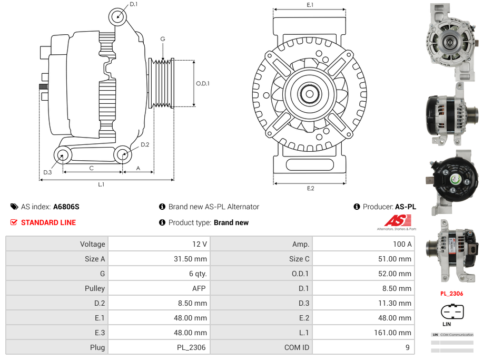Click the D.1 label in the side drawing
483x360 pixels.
point(133,4)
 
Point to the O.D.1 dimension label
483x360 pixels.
point(203,83)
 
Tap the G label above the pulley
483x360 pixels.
point(163,39)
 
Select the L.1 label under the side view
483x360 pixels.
point(101,184)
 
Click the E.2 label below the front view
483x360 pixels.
point(310,188)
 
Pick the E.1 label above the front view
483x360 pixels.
point(310,5)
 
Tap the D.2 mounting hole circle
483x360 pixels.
point(123,154)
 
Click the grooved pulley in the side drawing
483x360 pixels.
point(162,83)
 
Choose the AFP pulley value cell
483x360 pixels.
point(159,288)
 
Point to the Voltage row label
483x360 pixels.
point(57,244)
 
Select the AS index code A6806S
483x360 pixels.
point(66,207)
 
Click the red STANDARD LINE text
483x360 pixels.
point(48,222)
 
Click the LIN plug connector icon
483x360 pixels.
point(451,312)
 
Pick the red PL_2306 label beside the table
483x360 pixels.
point(451,294)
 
